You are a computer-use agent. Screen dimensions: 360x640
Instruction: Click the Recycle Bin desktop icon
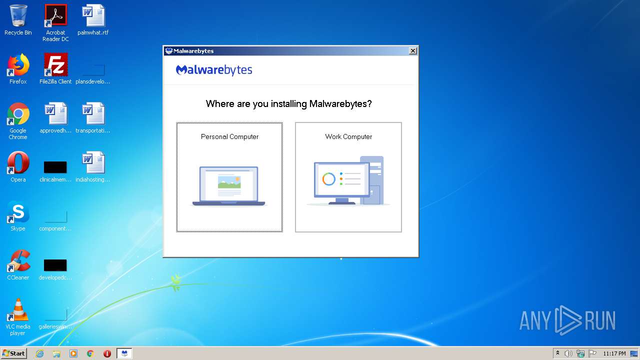pos(18,15)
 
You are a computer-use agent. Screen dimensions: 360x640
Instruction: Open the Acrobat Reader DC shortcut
pos(55,15)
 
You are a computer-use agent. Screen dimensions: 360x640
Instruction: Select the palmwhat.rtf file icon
pos(93,15)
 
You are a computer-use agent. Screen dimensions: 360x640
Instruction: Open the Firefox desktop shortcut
pos(18,64)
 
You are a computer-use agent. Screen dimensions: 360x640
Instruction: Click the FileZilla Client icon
pos(55,64)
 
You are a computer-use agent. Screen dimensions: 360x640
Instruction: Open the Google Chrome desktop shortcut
pos(18,114)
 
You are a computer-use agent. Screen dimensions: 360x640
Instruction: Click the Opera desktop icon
pos(18,163)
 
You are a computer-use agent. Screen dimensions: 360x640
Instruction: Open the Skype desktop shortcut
pos(18,212)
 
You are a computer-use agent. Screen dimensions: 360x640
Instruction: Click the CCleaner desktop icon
pos(18,261)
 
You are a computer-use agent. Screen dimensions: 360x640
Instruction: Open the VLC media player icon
pos(18,310)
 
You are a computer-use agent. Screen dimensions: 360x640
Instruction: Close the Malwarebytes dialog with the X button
pos(412,51)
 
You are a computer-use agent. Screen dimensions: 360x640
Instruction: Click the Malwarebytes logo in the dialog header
pos(214,70)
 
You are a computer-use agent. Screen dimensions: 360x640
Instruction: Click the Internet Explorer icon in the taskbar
pos(39,353)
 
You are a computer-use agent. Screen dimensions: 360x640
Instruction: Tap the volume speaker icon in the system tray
pos(568,353)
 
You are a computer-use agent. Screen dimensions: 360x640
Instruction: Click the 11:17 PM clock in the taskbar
pos(614,353)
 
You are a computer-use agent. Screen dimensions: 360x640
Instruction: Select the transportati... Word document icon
pos(93,114)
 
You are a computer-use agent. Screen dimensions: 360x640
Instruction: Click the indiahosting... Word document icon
pos(93,163)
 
